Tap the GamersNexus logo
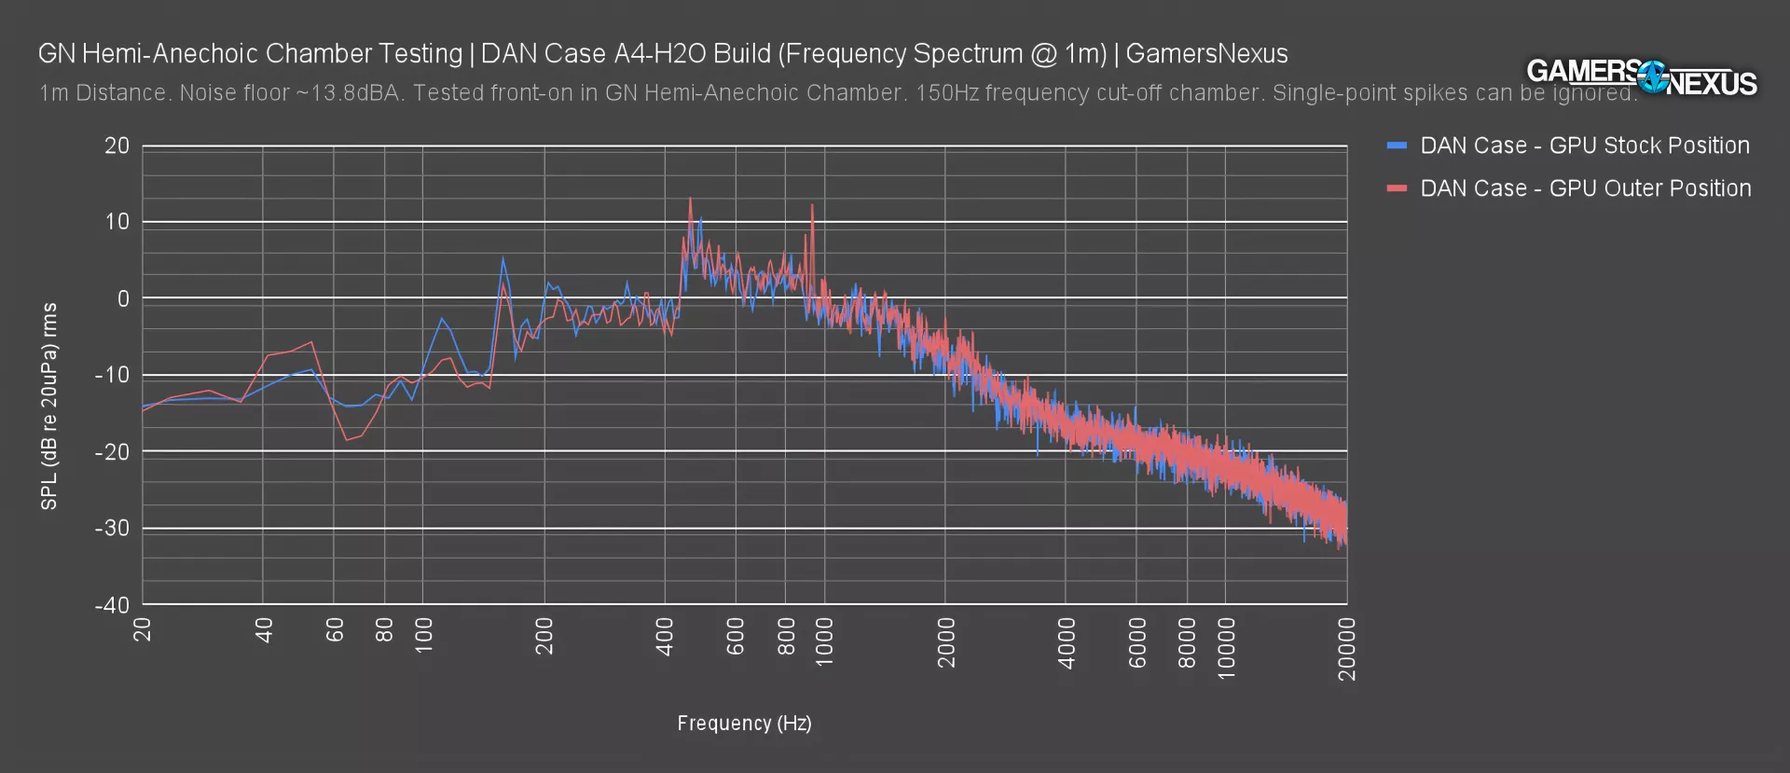pos(1641,76)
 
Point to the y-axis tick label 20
pos(117,145)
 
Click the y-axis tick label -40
pos(113,605)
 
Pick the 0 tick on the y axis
pos(123,298)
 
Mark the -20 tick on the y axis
pos(113,452)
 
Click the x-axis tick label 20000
pos(1347,649)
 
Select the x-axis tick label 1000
pos(824,642)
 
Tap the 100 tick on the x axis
pos(423,636)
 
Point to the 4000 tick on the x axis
pos(1067,642)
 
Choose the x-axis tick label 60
pos(335,630)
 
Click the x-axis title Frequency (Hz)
pos(744,724)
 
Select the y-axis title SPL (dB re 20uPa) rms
pos(49,406)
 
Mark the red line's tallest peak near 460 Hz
pos(690,198)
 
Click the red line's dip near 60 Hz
pos(346,440)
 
